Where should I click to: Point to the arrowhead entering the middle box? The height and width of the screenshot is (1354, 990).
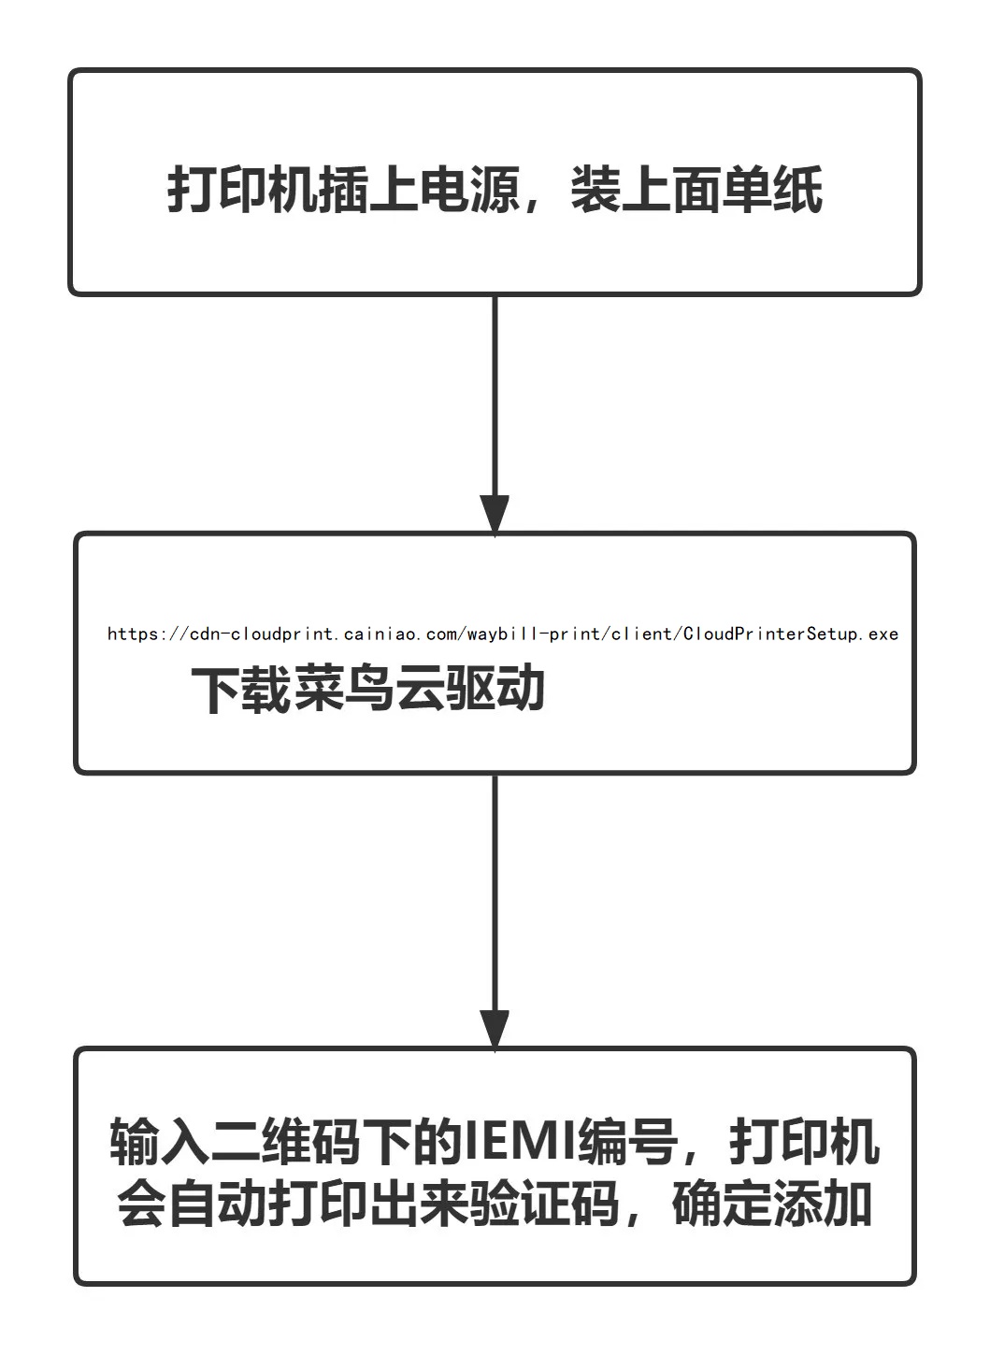pyautogui.click(x=495, y=514)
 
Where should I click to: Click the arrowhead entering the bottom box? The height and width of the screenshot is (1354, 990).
pyautogui.click(x=495, y=1029)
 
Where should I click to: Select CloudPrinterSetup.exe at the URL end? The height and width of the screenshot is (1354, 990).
pyautogui.click(x=791, y=634)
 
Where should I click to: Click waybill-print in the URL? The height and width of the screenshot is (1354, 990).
pyautogui.click(x=536, y=634)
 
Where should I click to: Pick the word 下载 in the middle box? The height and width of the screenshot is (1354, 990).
pyautogui.click(x=242, y=691)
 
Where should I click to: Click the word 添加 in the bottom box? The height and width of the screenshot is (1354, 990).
pyautogui.click(x=823, y=1204)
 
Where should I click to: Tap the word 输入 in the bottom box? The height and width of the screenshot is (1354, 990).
pyautogui.click(x=160, y=1142)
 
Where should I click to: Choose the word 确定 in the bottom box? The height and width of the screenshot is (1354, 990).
pyautogui.click(x=722, y=1204)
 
